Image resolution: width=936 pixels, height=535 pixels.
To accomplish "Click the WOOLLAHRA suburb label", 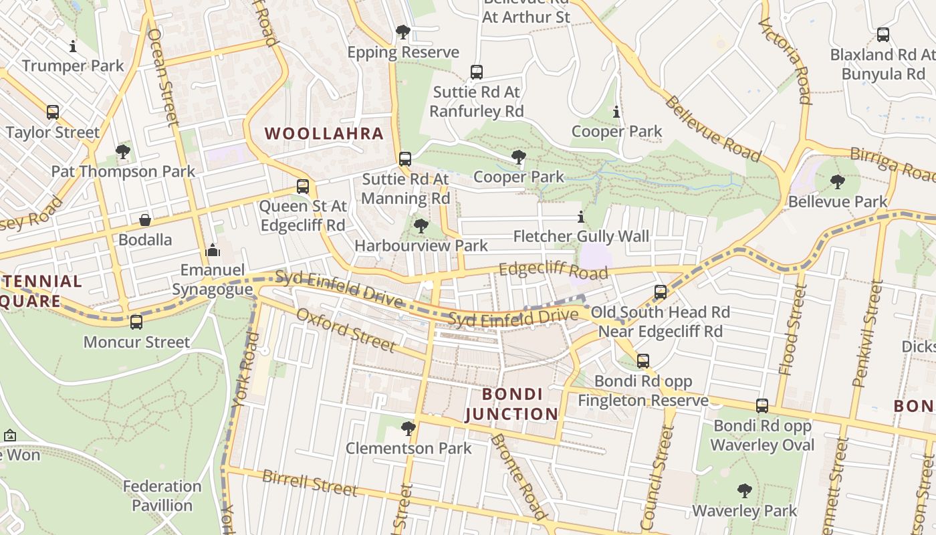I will coord(324,133).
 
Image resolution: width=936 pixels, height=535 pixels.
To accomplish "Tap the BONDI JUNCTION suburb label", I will coord(511,404).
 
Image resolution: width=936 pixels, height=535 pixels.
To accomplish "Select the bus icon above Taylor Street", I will coord(53,112).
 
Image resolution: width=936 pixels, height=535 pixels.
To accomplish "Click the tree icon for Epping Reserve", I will coord(402,31).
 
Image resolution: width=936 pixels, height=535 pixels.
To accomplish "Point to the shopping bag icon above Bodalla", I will coord(144,220).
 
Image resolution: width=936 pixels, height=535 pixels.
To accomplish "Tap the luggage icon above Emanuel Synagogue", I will coord(213,251).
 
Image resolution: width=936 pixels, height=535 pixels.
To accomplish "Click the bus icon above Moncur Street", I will coord(136,322).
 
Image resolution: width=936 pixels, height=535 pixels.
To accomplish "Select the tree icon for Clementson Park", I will coord(408,428).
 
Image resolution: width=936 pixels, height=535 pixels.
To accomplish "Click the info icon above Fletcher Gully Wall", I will coord(580,217).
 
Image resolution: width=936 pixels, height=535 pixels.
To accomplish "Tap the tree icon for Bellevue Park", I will coord(837,181).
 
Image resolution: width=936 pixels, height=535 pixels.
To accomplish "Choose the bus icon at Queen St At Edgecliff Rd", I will coord(303,187).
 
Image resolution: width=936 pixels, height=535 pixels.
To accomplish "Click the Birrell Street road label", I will coord(310,483).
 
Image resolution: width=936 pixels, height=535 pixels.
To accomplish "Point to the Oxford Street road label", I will coord(345,330).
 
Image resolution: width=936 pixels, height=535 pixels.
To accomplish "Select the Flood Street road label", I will coord(792,338).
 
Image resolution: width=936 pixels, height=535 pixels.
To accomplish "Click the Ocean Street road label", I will coord(163,77).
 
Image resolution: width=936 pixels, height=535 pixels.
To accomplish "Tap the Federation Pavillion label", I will coord(162,496).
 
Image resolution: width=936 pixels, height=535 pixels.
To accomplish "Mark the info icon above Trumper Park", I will coord(73,46).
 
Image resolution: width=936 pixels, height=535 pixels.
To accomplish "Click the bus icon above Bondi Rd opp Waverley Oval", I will coord(762,406).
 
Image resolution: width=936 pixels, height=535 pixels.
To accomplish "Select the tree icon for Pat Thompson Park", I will coord(122,152).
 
